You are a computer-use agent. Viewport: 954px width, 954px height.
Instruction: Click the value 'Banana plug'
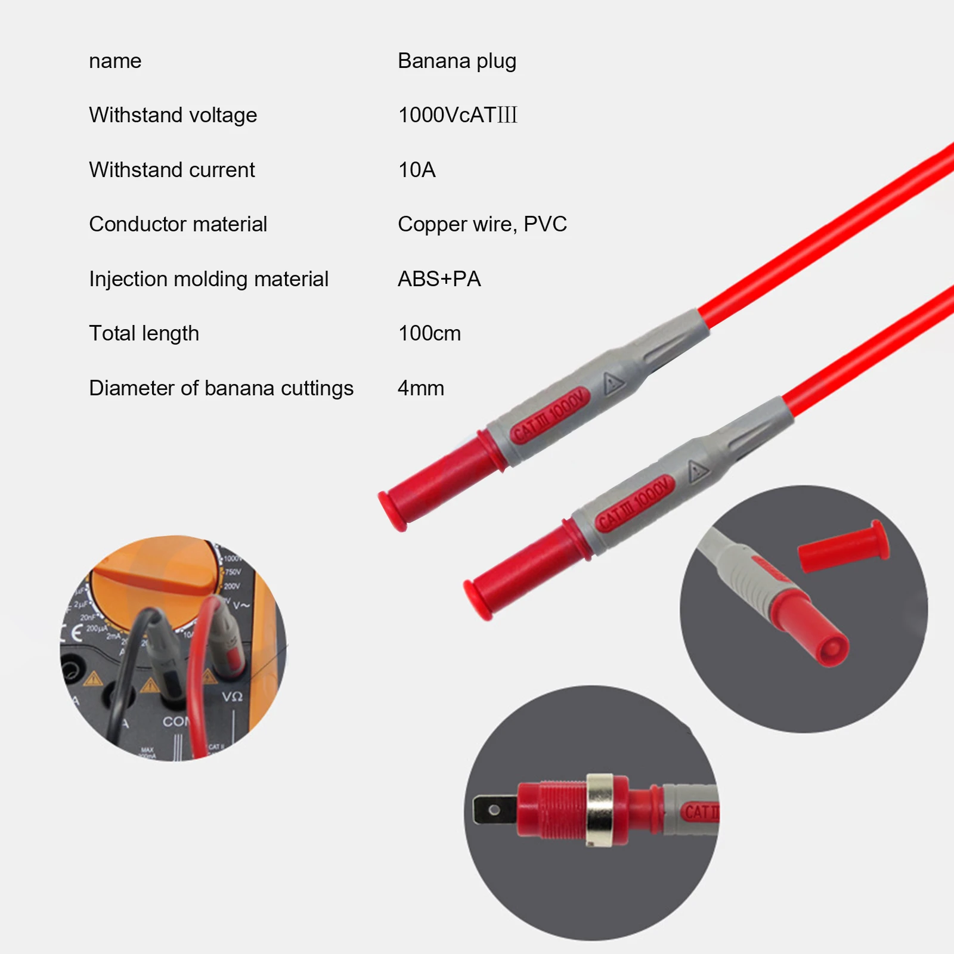(x=457, y=61)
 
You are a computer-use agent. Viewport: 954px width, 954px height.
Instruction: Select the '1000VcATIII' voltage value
(x=457, y=115)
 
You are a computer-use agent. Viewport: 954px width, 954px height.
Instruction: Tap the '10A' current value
(x=417, y=170)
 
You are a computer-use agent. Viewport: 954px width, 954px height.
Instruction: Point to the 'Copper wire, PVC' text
(x=482, y=224)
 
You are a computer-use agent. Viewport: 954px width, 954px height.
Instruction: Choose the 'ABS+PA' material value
(x=439, y=279)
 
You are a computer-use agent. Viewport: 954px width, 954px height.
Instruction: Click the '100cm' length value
(x=429, y=333)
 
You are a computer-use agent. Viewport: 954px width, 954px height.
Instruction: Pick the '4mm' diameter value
(x=420, y=388)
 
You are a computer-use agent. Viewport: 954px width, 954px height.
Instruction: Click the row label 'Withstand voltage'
(x=173, y=115)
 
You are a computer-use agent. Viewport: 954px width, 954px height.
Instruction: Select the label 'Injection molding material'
(x=209, y=279)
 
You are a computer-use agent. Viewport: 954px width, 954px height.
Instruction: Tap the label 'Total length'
(x=144, y=333)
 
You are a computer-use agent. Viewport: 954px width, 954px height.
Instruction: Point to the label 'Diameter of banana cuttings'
(x=221, y=388)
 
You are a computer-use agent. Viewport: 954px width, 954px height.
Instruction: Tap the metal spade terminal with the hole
(x=494, y=810)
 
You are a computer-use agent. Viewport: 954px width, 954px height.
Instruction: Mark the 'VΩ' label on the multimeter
(x=232, y=696)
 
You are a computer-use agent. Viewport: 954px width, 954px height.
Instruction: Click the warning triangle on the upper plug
(x=612, y=383)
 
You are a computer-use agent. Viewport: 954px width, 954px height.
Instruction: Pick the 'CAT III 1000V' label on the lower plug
(x=635, y=503)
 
